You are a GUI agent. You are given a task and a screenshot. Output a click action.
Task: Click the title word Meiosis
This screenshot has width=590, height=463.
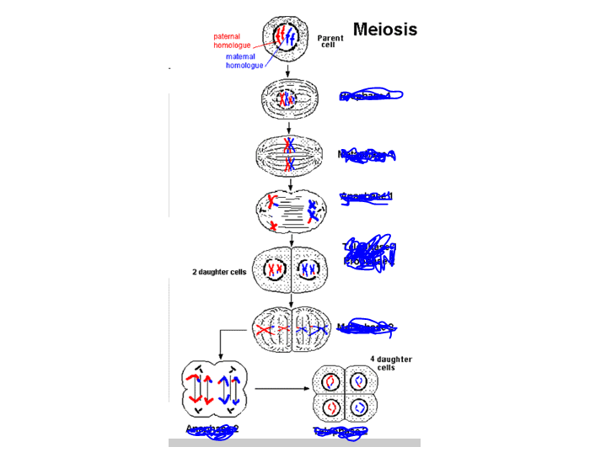384,29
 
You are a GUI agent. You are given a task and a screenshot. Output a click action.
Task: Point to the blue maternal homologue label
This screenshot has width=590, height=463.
245,61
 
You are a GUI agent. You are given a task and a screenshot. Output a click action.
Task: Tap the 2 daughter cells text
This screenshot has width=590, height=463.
220,272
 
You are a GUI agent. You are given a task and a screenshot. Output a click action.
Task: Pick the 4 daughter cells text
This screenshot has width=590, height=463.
391,363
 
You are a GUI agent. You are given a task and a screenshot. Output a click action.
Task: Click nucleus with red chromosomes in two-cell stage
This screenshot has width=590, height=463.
275,270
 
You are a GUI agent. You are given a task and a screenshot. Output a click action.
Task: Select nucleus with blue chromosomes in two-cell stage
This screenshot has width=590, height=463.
304,270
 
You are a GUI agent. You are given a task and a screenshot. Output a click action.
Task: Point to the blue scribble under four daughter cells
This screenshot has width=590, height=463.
340,431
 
